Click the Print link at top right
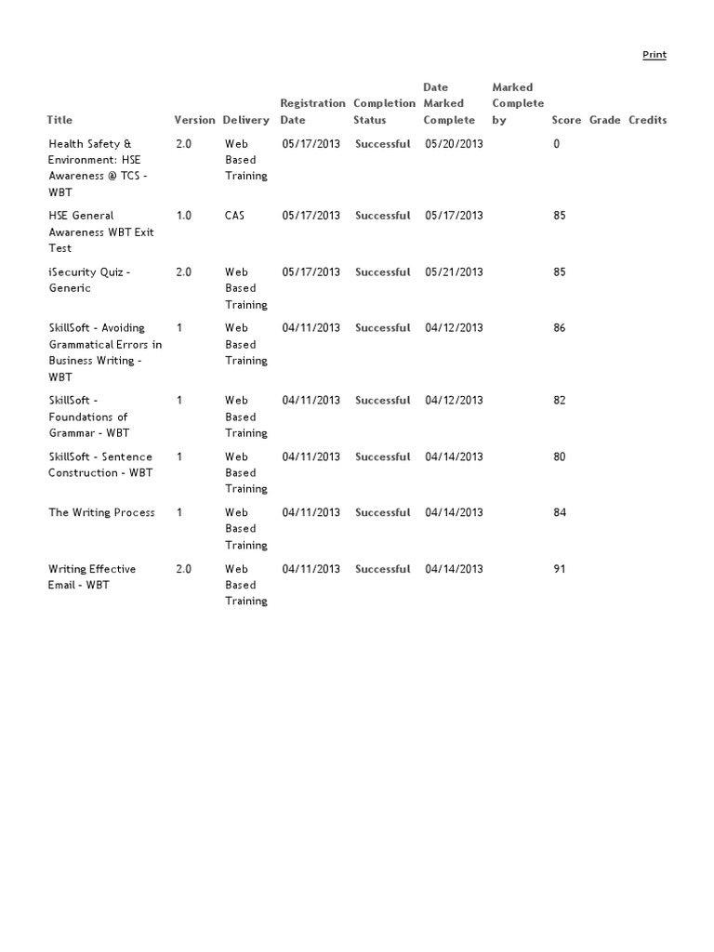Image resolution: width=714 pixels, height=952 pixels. tap(654, 55)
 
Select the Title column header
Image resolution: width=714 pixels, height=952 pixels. tap(59, 120)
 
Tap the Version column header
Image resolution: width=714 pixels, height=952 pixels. tap(194, 120)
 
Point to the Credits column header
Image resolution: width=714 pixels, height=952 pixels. tap(647, 120)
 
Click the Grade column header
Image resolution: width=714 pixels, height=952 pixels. tap(604, 120)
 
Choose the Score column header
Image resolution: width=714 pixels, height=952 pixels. tap(566, 120)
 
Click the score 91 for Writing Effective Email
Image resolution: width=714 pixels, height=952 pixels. tap(559, 569)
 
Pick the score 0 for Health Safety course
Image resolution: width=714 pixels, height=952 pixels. tap(557, 144)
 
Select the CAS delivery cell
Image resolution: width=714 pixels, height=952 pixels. tap(235, 216)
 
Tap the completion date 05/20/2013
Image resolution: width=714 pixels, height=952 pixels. tap(454, 144)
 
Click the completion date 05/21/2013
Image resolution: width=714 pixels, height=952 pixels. tap(454, 272)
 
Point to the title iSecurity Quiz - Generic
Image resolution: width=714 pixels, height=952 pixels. tap(89, 280)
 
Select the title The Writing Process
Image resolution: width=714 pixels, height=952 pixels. tap(101, 513)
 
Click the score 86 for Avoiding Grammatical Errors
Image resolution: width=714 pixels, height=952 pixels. tap(559, 328)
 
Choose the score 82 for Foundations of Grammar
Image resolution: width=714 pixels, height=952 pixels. tap(559, 401)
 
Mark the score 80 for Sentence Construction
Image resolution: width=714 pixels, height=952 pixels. tap(559, 457)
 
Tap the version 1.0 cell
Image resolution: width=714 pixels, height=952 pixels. tap(184, 216)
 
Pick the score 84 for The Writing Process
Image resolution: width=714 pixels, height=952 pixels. tap(559, 513)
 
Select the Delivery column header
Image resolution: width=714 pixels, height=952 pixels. tap(245, 120)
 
